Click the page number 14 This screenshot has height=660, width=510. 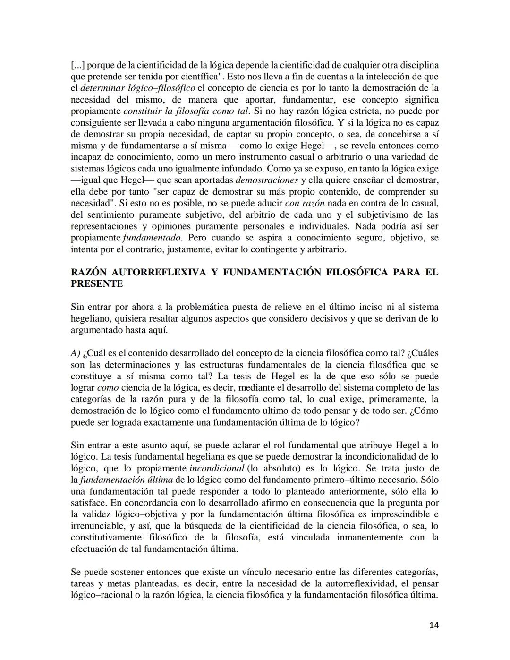434,625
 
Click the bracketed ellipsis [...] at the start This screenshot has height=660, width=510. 78,65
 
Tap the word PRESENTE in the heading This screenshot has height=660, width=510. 96,283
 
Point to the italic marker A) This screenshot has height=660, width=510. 76,353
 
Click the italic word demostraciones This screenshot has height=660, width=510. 266,180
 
